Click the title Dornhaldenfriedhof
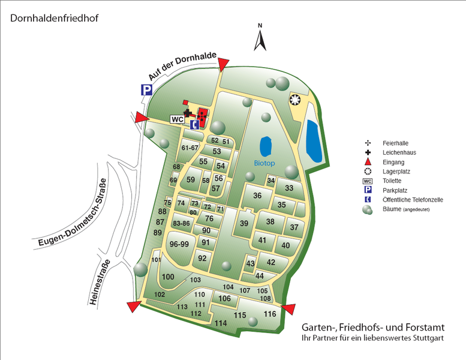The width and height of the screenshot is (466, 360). pos(54,17)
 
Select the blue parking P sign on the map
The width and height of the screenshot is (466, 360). pos(146,90)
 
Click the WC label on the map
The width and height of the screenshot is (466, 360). pos(177,119)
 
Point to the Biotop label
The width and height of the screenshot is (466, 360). pos(263,163)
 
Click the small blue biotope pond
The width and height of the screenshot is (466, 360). pos(266,146)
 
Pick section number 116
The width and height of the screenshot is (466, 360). pos(269,314)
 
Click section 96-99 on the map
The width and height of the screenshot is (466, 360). pos(179,244)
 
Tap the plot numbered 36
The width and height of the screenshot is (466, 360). pos(257,196)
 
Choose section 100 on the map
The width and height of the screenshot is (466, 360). pos(168,277)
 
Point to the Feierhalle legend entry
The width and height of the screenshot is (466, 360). pos(395,143)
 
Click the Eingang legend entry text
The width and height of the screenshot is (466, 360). pos(393,162)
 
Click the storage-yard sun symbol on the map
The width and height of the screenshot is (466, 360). pos(294,99)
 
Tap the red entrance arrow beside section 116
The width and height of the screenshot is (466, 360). pos(288,309)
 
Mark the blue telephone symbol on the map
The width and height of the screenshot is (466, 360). pos(194,125)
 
